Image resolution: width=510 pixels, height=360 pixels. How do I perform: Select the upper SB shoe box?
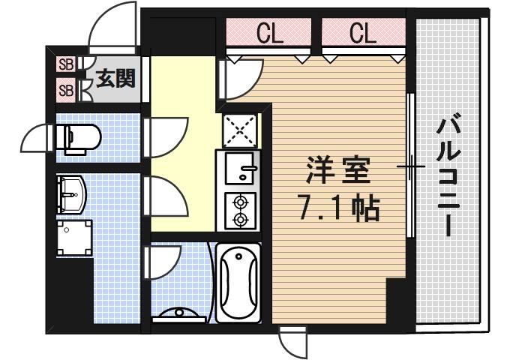(65, 65)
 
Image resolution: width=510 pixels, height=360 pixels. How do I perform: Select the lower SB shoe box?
(65, 91)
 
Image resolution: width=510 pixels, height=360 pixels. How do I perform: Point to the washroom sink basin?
(72, 194)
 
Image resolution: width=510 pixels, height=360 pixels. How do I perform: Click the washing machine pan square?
(75, 238)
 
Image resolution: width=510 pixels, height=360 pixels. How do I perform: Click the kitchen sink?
(238, 169)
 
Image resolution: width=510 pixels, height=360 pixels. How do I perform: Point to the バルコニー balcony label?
(449, 174)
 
